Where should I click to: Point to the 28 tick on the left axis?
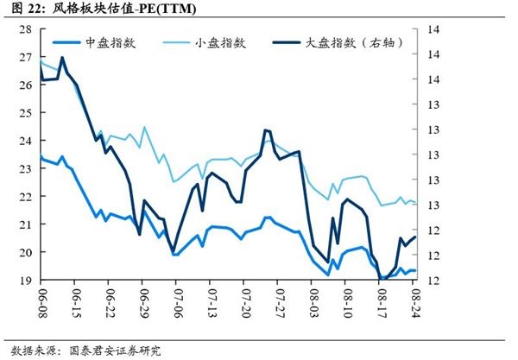(25, 29)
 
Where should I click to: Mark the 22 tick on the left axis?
(25, 197)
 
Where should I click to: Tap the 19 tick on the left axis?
(25, 281)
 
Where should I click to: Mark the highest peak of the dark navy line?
(62, 58)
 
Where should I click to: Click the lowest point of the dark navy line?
(381, 279)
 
